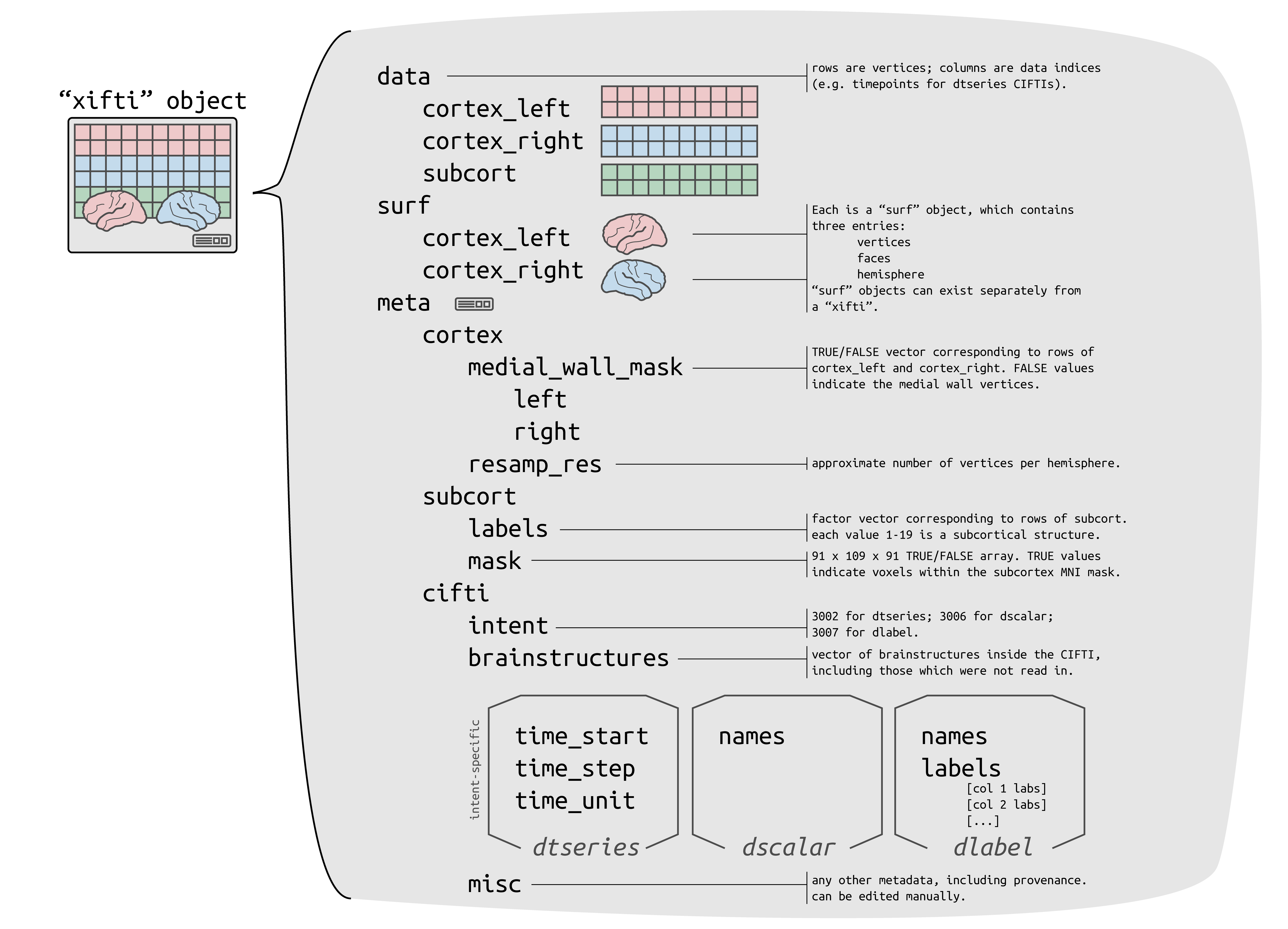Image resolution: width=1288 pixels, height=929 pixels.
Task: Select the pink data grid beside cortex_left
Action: (x=679, y=102)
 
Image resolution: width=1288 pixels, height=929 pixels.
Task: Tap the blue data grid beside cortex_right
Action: (x=679, y=141)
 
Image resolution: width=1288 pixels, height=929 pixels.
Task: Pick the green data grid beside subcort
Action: (x=679, y=180)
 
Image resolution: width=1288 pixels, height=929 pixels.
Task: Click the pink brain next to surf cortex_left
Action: (x=634, y=233)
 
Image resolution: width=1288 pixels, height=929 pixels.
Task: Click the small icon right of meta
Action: (x=474, y=304)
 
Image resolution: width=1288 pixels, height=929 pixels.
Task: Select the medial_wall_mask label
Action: (x=575, y=367)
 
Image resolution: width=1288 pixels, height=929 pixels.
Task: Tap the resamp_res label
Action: (x=534, y=464)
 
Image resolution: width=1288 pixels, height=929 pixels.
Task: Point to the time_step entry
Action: (x=575, y=768)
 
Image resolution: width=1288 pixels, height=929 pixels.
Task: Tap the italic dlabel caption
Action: (x=993, y=847)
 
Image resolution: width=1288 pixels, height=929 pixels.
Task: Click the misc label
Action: (x=494, y=884)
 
